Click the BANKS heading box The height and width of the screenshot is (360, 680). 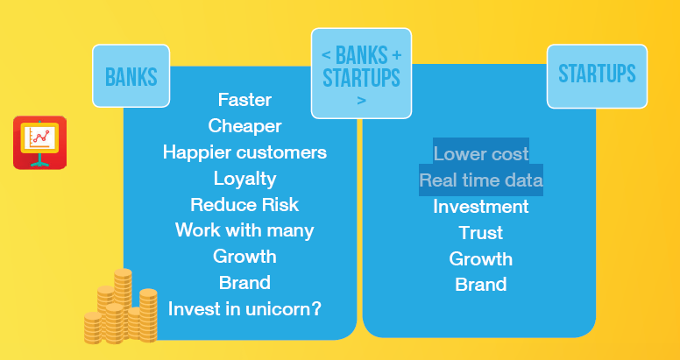tap(131, 76)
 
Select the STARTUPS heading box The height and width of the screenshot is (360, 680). tap(597, 76)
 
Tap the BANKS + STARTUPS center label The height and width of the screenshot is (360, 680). tap(361, 74)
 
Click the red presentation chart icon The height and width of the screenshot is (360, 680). tap(40, 142)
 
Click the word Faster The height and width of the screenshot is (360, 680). tap(244, 100)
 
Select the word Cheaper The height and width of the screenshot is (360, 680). tap(244, 126)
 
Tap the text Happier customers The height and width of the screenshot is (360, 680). tap(244, 152)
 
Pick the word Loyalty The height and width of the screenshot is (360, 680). tap(244, 179)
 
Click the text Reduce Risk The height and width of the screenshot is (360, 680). tap(244, 205)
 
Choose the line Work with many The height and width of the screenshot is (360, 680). tap(244, 230)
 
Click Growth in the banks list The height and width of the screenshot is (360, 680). tap(244, 257)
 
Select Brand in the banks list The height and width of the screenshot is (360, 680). tap(244, 283)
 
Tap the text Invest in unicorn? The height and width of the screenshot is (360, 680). tap(244, 309)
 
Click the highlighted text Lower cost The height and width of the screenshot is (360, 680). tap(481, 154)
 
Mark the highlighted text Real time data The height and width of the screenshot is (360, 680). tap(481, 180)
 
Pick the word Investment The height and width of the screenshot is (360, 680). tap(481, 207)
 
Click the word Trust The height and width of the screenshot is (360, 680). tap(481, 233)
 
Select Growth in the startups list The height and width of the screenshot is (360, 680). tap(481, 259)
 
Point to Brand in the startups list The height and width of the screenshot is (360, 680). tap(481, 285)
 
